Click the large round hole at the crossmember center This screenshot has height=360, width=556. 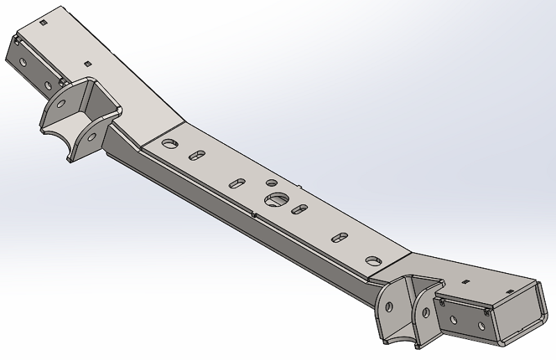[275, 200]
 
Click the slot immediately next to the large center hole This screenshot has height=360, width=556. [300, 208]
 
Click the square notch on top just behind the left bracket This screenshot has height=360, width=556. [88, 63]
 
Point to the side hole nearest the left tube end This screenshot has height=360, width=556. [23, 63]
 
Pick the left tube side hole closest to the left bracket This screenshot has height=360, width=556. [48, 85]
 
